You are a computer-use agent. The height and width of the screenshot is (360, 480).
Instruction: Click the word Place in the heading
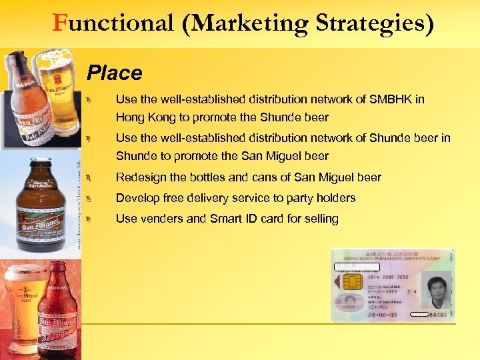pos(115,73)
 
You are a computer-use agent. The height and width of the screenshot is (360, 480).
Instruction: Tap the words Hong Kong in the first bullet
pos(145,117)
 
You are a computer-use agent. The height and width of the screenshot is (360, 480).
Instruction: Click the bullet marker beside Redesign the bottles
pos(96,178)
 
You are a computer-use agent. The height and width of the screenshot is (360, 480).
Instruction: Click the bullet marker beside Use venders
pos(96,219)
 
